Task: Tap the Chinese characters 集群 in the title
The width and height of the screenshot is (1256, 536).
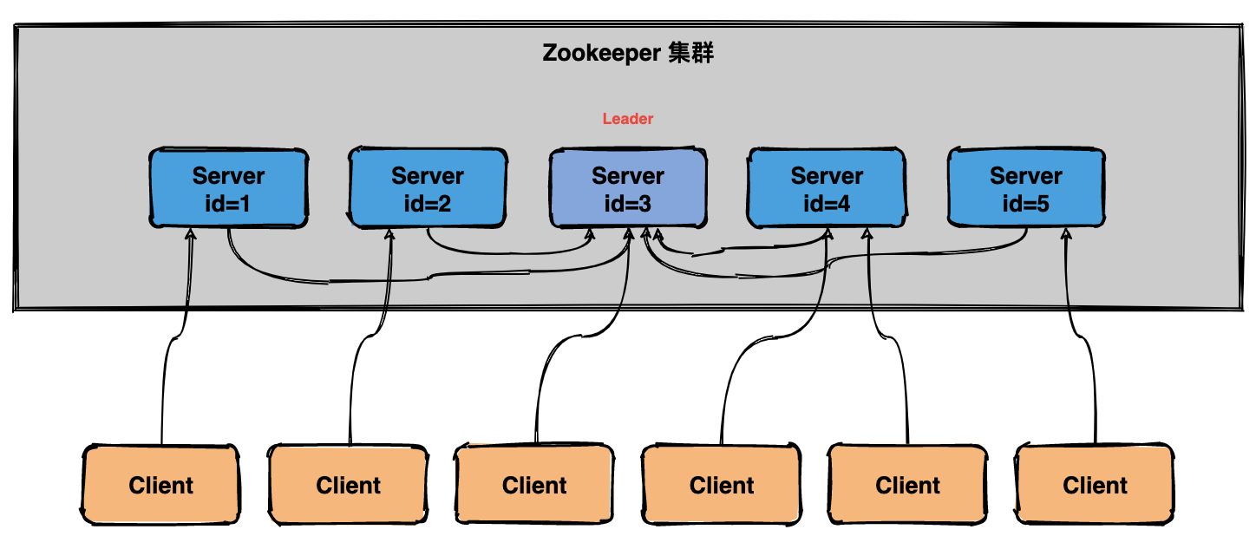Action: pos(691,53)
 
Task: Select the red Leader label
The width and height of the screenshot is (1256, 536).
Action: pos(628,119)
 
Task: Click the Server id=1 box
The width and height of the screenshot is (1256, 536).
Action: pos(228,188)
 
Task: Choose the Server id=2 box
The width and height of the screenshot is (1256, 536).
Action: pos(428,188)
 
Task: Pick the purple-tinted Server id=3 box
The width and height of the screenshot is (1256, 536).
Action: pos(627,188)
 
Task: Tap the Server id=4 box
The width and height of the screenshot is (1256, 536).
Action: pos(827,188)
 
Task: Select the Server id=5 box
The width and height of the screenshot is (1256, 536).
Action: pos(1026,188)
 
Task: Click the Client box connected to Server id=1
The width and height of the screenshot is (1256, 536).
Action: pos(161,485)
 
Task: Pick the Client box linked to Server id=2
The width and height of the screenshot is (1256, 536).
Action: pos(348,485)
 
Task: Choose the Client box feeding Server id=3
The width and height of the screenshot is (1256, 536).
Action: pos(534,485)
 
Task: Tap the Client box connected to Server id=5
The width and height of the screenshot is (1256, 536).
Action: pos(1095,485)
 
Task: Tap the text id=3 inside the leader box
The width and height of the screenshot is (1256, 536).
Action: pos(627,205)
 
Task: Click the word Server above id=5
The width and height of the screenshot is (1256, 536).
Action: pos(1026,176)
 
